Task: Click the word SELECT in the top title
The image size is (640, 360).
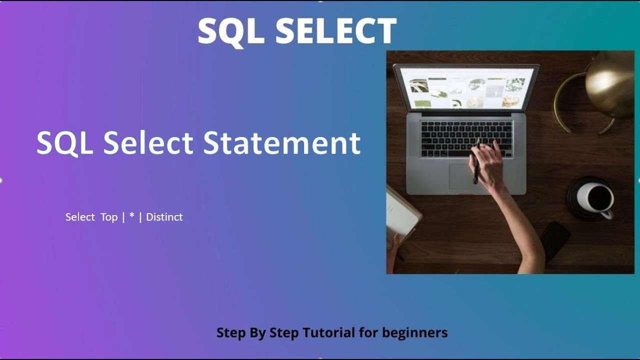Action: pyautogui.click(x=336, y=31)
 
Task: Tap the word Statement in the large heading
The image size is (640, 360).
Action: pyautogui.click(x=281, y=143)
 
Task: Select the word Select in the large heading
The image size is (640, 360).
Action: pyautogui.click(x=148, y=143)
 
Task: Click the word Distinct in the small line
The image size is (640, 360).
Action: pyautogui.click(x=164, y=217)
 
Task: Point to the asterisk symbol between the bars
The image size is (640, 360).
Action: pyautogui.click(x=131, y=215)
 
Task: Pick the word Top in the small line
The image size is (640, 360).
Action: pyautogui.click(x=108, y=217)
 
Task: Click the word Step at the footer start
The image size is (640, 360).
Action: pyautogui.click(x=229, y=332)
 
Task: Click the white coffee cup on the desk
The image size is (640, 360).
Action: pyautogui.click(x=594, y=197)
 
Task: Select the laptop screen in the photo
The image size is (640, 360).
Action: pyautogui.click(x=466, y=88)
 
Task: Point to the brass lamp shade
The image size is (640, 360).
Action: pyautogui.click(x=611, y=82)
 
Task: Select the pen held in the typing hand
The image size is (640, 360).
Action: pyautogui.click(x=476, y=162)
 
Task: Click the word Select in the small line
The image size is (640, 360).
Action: pyautogui.click(x=80, y=217)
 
